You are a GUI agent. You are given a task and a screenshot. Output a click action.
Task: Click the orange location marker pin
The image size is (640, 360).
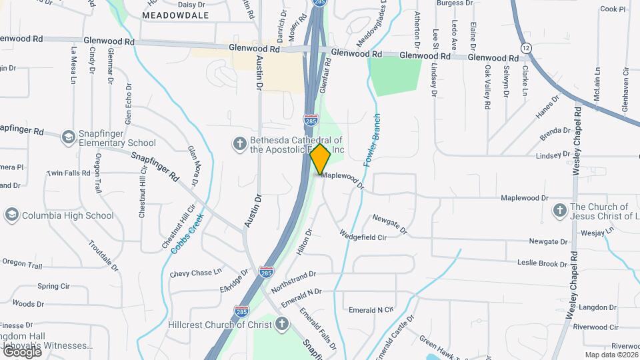pos(321,159)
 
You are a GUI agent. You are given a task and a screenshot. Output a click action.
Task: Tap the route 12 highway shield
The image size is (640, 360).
pos(527,48)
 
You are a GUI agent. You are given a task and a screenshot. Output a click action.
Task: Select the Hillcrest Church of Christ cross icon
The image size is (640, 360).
pos(282,325)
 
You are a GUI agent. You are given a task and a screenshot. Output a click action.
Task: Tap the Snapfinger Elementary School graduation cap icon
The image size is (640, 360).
pos(68,137)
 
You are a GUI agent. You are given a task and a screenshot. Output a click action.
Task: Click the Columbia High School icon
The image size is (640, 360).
pos(11,215)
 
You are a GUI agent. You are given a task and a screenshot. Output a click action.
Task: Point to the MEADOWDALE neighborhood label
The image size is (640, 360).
pos(175,15)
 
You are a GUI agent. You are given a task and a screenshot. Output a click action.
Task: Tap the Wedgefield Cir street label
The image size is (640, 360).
pos(363,235)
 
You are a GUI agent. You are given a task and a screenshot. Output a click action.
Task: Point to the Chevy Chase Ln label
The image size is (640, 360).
pos(195,273)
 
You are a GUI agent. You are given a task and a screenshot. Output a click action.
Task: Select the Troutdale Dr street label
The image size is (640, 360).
pos(103,253)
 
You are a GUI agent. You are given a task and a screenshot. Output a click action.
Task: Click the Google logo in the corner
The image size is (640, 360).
pos(21,352)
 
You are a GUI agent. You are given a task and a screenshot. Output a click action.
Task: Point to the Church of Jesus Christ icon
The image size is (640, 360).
pos(560,211)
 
